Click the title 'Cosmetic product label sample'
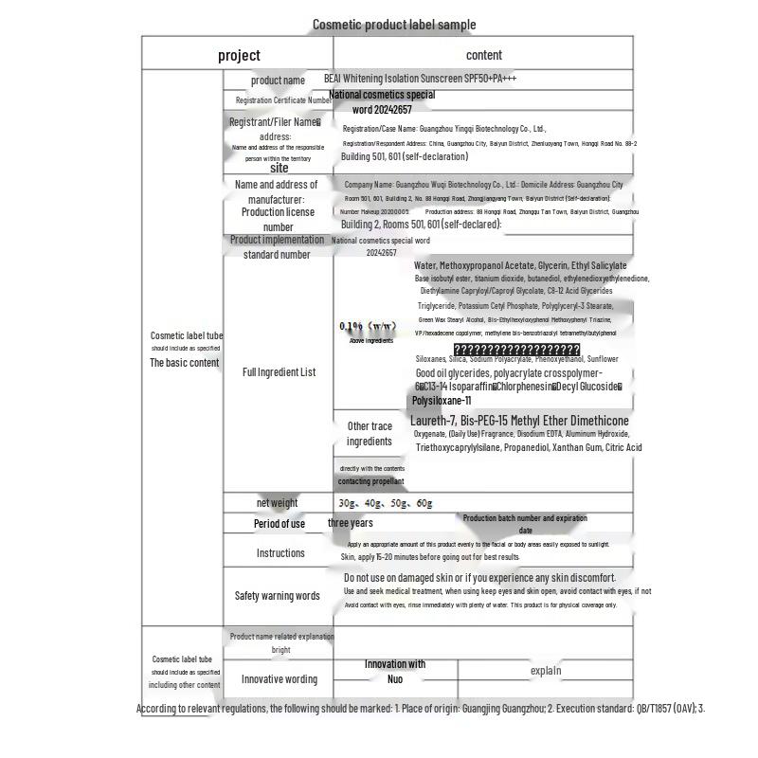coord(394,25)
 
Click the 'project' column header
coord(239,55)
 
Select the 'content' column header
coord(484,55)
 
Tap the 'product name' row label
coord(278,81)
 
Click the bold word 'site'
coord(280,168)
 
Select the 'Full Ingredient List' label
coord(280,372)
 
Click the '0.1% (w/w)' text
coord(369,327)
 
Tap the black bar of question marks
coord(516,350)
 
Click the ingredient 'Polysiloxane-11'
coord(442,401)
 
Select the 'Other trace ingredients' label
coord(370,434)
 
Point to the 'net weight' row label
coord(277,503)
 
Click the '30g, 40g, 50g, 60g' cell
coord(385,503)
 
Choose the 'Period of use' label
coord(280,524)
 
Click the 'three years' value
coord(351,523)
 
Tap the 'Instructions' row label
coord(280,553)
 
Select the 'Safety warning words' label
coord(278,596)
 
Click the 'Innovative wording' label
coord(280,679)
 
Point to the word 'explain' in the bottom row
coord(546,671)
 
